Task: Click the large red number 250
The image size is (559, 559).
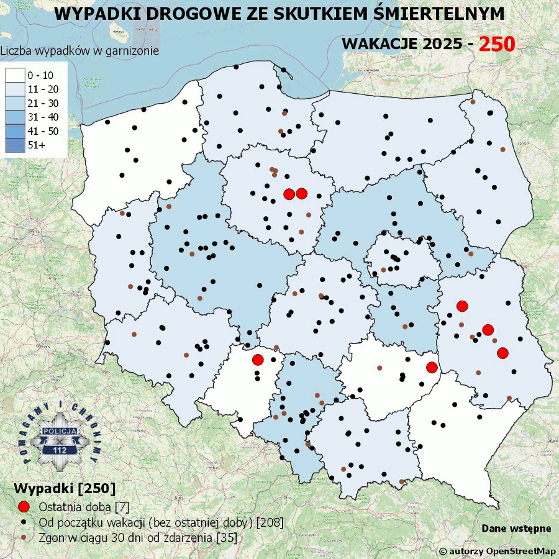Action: (497, 43)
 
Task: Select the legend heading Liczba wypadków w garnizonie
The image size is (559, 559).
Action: (80, 51)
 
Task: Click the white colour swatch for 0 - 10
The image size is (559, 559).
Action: (14, 75)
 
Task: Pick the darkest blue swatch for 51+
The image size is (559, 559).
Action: (14, 145)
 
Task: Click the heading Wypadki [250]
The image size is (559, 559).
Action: (55, 486)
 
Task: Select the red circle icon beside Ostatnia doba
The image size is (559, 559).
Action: (24, 506)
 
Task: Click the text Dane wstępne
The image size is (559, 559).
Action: (516, 529)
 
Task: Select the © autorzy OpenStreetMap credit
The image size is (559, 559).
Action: (497, 551)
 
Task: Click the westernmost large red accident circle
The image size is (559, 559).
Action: (258, 360)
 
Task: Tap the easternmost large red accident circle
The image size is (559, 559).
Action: (503, 353)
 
